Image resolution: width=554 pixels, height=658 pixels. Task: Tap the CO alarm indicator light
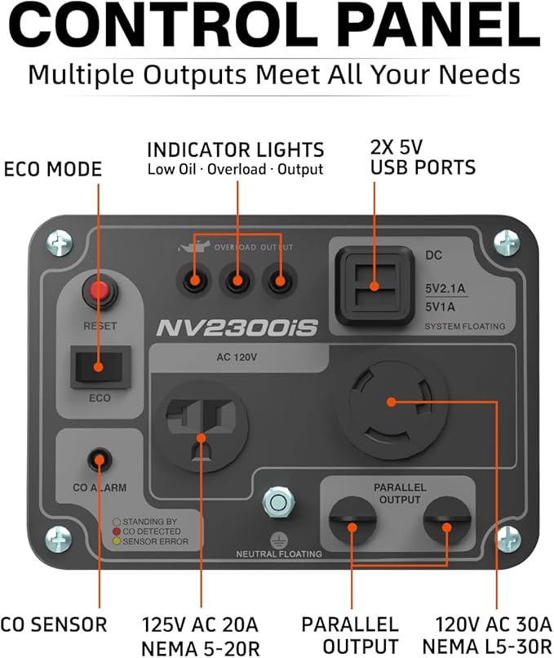click(x=100, y=460)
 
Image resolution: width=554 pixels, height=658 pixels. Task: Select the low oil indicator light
click(x=193, y=280)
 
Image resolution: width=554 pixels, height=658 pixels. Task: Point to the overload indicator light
click(x=237, y=280)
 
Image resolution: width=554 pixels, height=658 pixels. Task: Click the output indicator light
click(x=280, y=280)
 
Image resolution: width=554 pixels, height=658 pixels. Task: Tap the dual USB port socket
click(x=375, y=287)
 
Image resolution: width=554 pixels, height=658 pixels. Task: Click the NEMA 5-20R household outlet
click(x=203, y=426)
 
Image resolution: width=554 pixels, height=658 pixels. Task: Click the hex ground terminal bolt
click(x=278, y=502)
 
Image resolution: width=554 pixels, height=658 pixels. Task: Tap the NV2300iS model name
click(x=237, y=328)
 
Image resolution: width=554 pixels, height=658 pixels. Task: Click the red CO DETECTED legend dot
click(x=117, y=531)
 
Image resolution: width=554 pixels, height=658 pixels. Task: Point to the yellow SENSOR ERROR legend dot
click(x=117, y=541)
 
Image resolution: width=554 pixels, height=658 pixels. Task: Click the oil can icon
click(x=193, y=247)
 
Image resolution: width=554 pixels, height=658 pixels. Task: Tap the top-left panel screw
click(x=60, y=243)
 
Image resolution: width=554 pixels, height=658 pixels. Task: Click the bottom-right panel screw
click(x=507, y=540)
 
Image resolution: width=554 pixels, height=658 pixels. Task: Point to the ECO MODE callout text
click(x=53, y=170)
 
